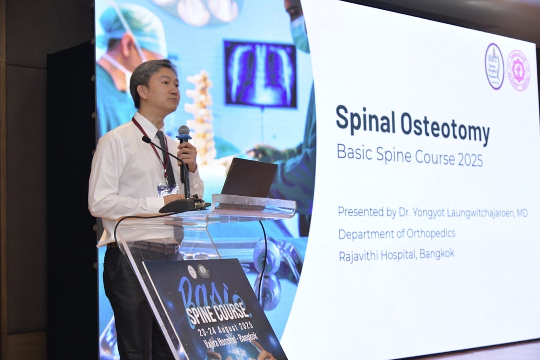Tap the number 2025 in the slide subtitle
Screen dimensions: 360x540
point(470,160)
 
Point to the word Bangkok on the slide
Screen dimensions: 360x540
point(437,254)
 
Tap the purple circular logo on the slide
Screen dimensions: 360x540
point(494,67)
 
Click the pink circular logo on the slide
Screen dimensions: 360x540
point(518,70)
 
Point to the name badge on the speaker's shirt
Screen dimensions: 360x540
point(167,189)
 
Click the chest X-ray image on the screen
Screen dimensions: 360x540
point(260,74)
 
